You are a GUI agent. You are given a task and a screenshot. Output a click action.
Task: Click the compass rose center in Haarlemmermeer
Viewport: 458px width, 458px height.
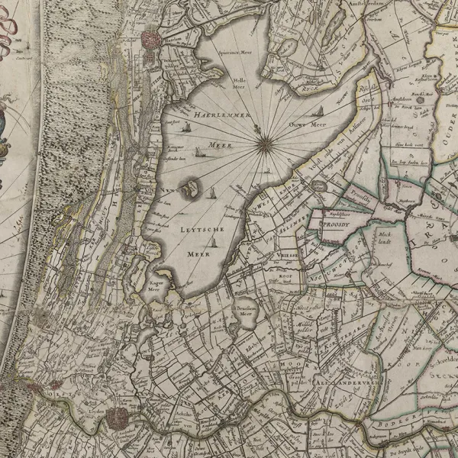pos(263,140)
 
